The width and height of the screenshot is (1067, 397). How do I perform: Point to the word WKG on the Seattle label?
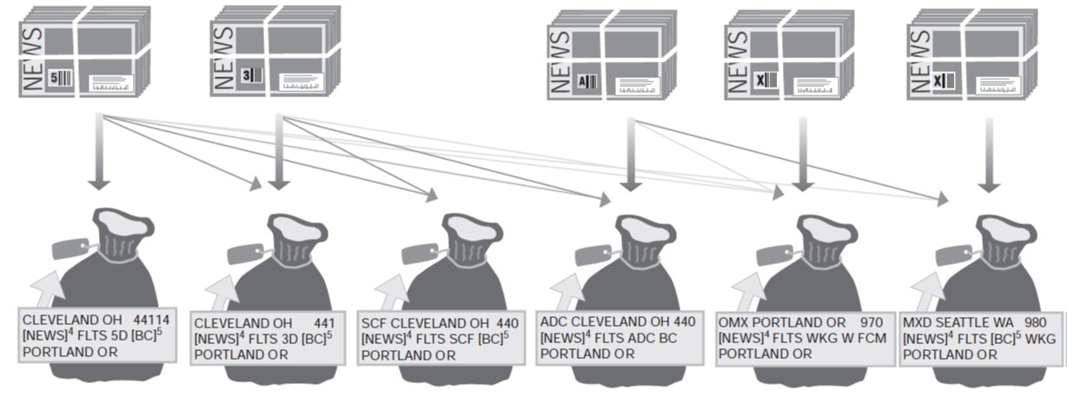pyautogui.click(x=1033, y=339)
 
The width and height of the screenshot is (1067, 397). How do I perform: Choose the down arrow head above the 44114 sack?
pyautogui.click(x=99, y=183)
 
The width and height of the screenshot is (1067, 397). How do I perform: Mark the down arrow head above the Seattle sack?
pyautogui.click(x=987, y=185)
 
